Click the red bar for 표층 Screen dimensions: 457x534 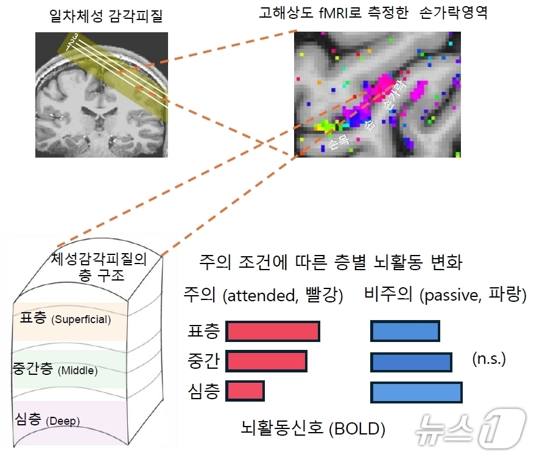pyautogui.click(x=273, y=331)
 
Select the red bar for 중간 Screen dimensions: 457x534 pyautogui.click(x=266, y=361)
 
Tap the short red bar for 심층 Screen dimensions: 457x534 pyautogui.click(x=245, y=391)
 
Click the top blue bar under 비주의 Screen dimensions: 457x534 pyautogui.click(x=405, y=331)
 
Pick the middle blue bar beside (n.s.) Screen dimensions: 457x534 pyautogui.click(x=411, y=361)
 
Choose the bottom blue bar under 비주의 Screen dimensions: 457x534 pyautogui.click(x=416, y=392)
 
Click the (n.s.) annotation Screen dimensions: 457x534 pyautogui.click(x=489, y=359)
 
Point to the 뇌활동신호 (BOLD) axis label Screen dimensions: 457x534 pyautogui.click(x=313, y=428)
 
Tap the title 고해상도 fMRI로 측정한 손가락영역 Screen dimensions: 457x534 pyautogui.click(x=373, y=13)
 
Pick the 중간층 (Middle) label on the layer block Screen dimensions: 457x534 pyautogui.click(x=55, y=369)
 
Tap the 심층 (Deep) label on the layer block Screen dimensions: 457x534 pyautogui.click(x=47, y=419)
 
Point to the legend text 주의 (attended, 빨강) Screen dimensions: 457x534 pyautogui.click(x=264, y=296)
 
